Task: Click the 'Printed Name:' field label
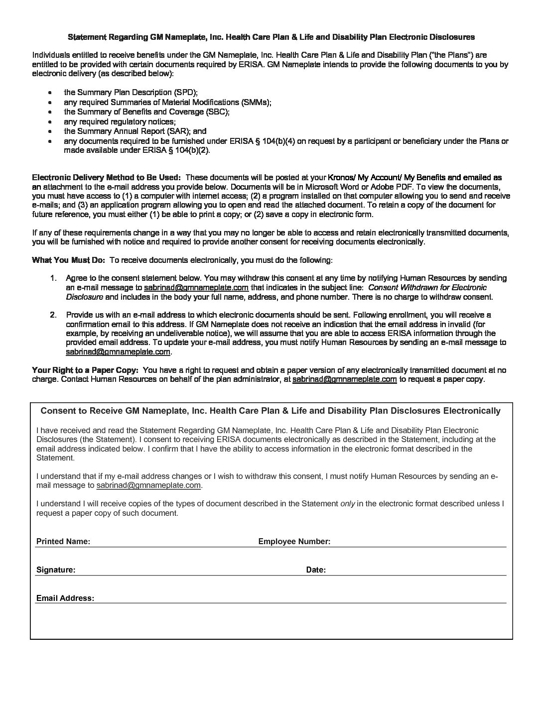(x=63, y=541)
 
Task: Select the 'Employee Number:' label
(x=294, y=541)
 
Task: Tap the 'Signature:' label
(x=56, y=570)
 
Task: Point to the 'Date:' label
(x=316, y=570)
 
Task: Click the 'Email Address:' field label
(x=65, y=598)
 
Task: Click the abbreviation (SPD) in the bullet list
(x=185, y=93)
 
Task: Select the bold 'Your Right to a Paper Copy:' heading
(x=85, y=370)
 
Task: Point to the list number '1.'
(x=53, y=278)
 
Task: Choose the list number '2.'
(x=53, y=315)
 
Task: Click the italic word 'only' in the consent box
(x=348, y=503)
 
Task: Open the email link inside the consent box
(x=148, y=485)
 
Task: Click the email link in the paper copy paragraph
(x=344, y=379)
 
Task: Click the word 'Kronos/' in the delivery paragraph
(x=341, y=177)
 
